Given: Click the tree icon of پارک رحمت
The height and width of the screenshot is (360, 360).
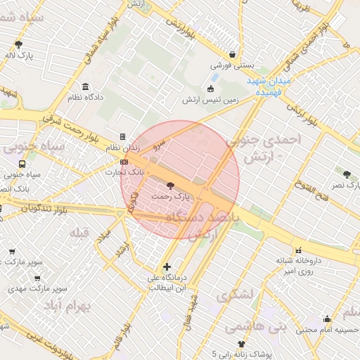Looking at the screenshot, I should (x=169, y=186).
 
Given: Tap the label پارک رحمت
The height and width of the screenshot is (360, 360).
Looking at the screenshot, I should (x=171, y=197).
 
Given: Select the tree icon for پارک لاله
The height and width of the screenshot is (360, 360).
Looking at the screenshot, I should (x=18, y=44).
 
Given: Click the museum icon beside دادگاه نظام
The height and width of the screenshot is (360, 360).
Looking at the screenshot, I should (x=86, y=87).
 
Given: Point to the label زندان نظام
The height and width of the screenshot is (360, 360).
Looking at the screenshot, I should (x=122, y=148).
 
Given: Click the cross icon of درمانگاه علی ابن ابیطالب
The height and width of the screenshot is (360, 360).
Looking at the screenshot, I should (x=167, y=266).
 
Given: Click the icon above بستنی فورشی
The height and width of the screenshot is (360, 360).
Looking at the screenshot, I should (x=232, y=53).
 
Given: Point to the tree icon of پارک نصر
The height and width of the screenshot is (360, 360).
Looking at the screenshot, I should (x=346, y=174).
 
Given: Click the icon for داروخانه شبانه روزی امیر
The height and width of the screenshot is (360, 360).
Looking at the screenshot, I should (x=299, y=250).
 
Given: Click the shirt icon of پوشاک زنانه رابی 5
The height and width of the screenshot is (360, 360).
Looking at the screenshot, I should (x=243, y=344).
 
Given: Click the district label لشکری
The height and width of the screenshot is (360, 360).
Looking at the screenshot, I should (x=233, y=296).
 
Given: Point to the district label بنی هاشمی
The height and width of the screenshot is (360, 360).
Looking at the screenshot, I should (x=250, y=327).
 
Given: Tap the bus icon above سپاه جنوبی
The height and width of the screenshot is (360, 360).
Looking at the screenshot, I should (x=22, y=165).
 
